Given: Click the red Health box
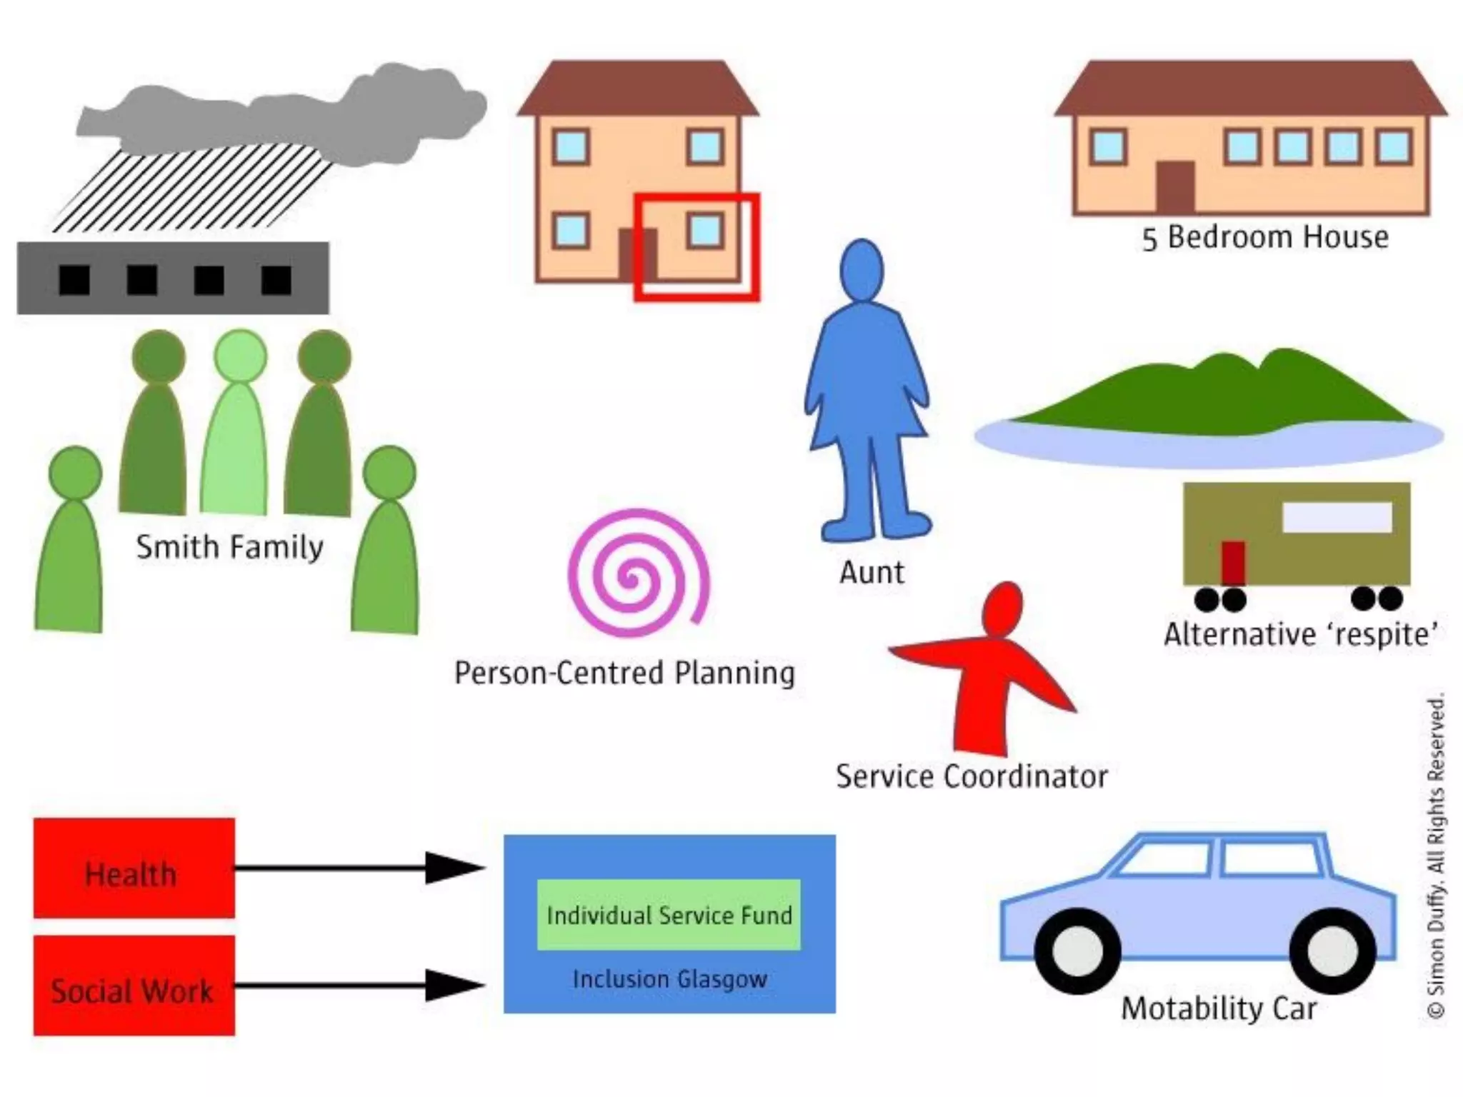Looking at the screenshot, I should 134,868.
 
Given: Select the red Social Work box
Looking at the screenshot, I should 134,986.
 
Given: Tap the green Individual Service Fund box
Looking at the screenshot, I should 669,915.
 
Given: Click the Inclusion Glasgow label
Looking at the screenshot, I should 669,978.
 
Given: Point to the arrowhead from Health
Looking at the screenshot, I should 454,868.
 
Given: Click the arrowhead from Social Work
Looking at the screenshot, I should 454,986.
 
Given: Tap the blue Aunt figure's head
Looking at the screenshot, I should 862,270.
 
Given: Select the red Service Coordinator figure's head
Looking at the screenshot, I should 1002,608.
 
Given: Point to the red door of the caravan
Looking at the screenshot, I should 1233,563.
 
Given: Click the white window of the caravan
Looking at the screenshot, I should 1337,517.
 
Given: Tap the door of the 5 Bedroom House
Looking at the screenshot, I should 1175,186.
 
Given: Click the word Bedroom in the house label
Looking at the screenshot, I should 1232,237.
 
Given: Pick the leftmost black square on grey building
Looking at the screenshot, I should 74,280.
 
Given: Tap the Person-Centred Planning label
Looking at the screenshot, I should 624,673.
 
